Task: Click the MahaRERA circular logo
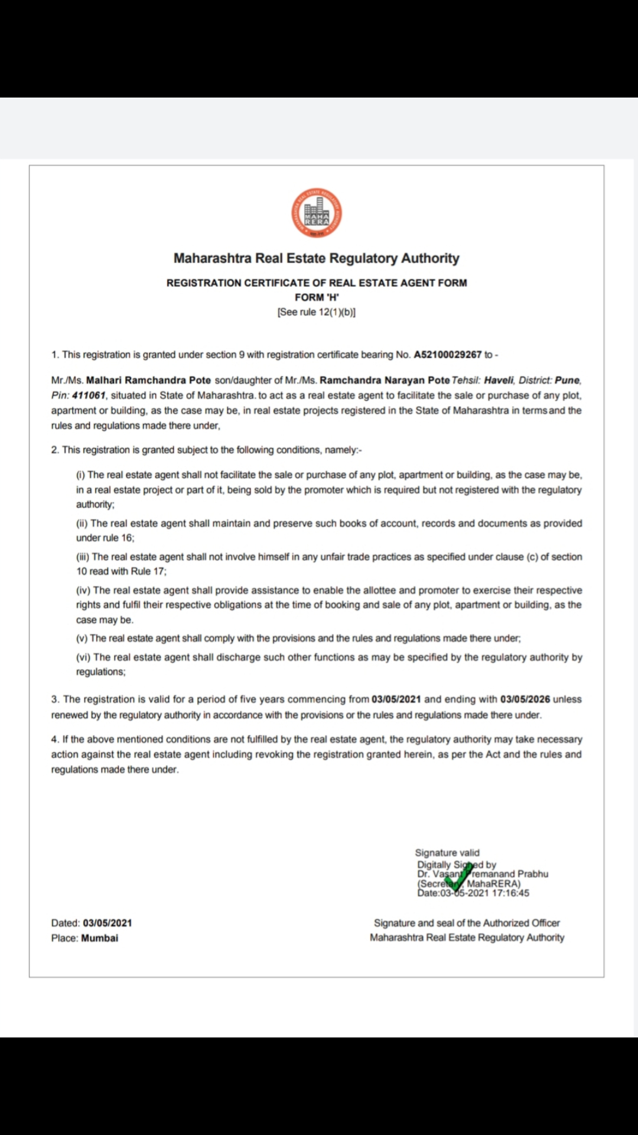tap(317, 213)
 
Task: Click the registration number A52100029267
tap(448, 355)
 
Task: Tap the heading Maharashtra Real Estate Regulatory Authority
tap(317, 258)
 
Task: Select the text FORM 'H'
tap(317, 297)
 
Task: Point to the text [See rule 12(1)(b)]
tap(317, 312)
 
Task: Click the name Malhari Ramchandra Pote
tap(148, 380)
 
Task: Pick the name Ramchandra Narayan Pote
tap(385, 380)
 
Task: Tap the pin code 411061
tap(89, 395)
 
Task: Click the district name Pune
tap(567, 380)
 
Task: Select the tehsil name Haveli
tap(499, 380)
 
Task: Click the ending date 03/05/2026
tap(525, 699)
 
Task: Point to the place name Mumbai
tap(100, 938)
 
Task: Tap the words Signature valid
tap(447, 852)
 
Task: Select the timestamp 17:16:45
tap(510, 893)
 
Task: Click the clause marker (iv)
tap(83, 591)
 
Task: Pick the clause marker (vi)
tap(83, 657)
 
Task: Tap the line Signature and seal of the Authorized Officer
tap(467, 923)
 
